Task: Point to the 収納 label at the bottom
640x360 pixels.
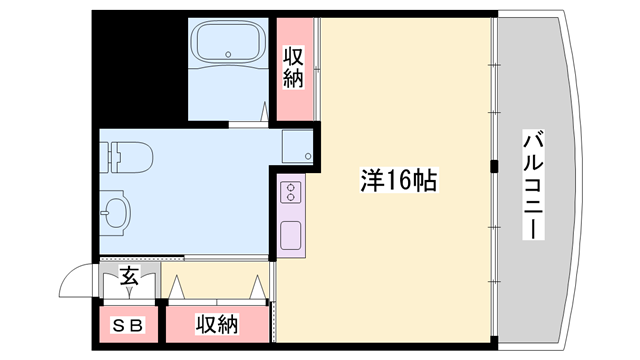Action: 217,324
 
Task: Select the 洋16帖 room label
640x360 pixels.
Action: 396,181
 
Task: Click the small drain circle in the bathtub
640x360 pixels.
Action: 229,52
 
